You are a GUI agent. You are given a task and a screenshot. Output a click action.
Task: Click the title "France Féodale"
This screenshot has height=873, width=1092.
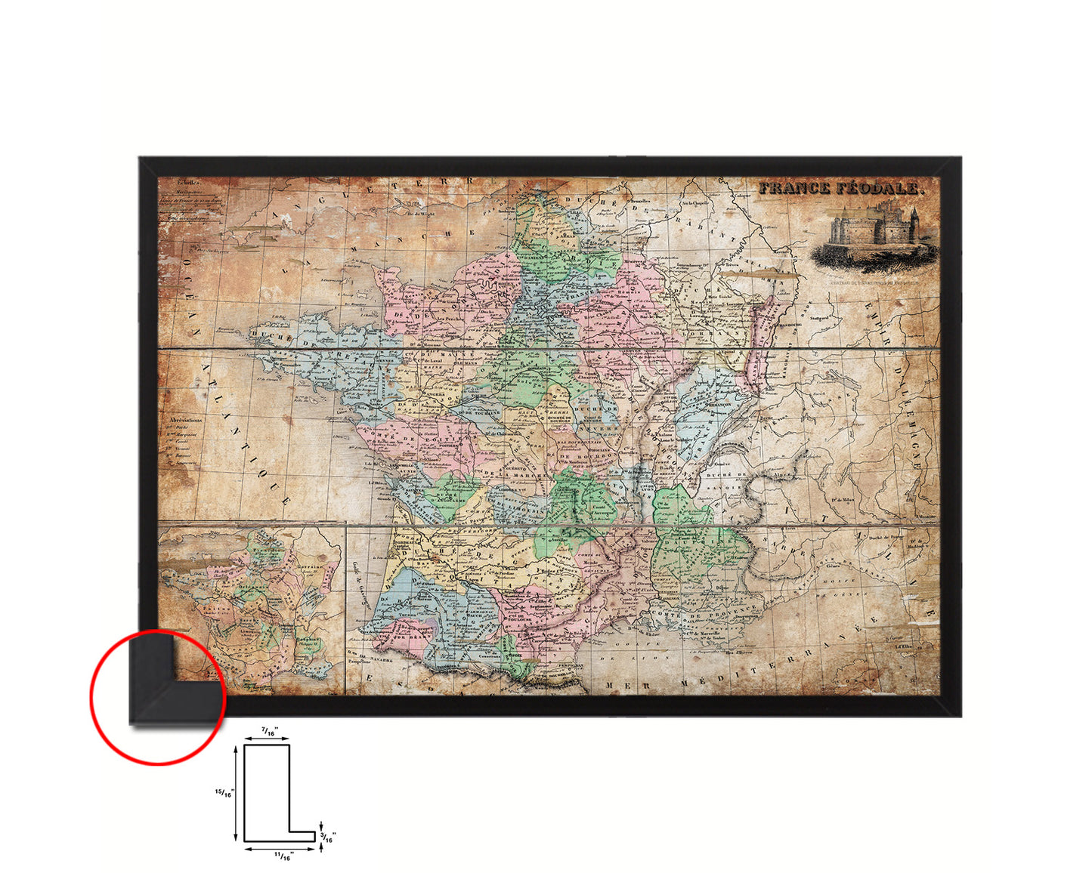[841, 188]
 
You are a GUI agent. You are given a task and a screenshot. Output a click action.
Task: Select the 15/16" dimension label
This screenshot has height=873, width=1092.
[225, 792]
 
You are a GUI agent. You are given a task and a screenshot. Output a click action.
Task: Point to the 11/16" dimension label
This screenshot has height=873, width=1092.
[283, 856]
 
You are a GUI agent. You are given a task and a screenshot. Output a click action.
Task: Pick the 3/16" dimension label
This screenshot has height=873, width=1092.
[329, 836]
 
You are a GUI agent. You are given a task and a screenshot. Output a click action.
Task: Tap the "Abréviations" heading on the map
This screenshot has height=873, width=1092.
[186, 419]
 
